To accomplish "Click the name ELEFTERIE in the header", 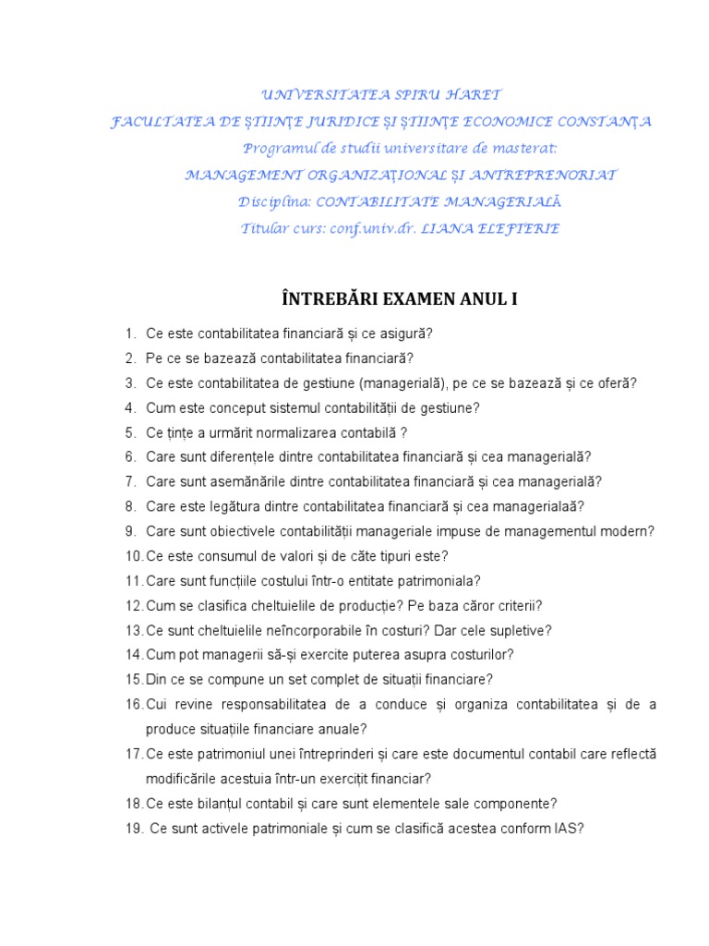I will tap(523, 228).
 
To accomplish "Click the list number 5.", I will tap(130, 431).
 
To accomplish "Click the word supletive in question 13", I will tap(520, 631).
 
